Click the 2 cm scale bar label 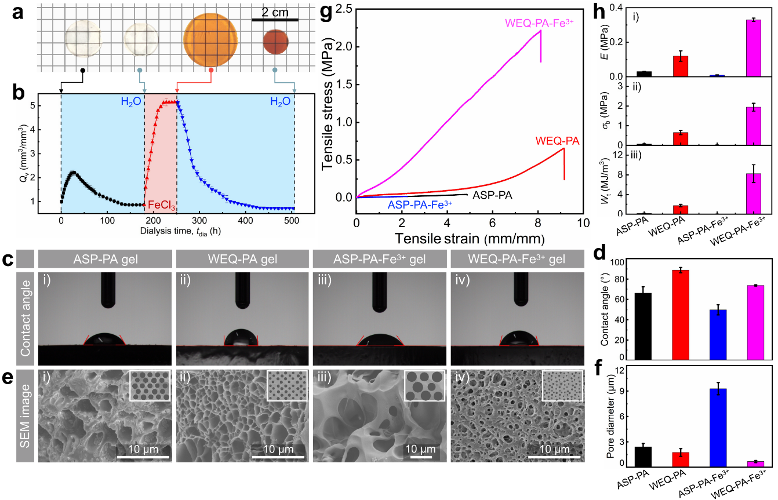pos(275,12)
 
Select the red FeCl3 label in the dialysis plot pos(161,205)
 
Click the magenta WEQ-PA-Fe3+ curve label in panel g pos(536,23)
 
